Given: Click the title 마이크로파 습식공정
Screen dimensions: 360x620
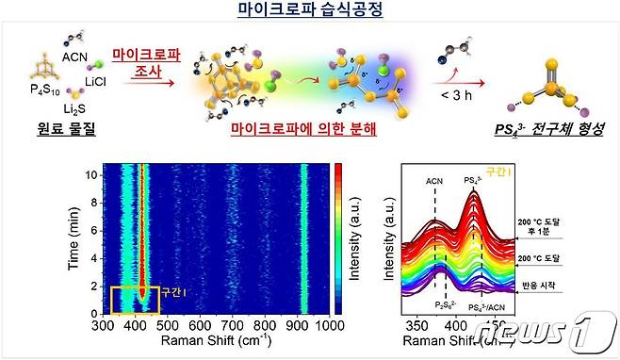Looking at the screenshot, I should click(x=310, y=12).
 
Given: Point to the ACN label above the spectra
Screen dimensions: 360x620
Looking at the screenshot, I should click(x=434, y=179).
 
